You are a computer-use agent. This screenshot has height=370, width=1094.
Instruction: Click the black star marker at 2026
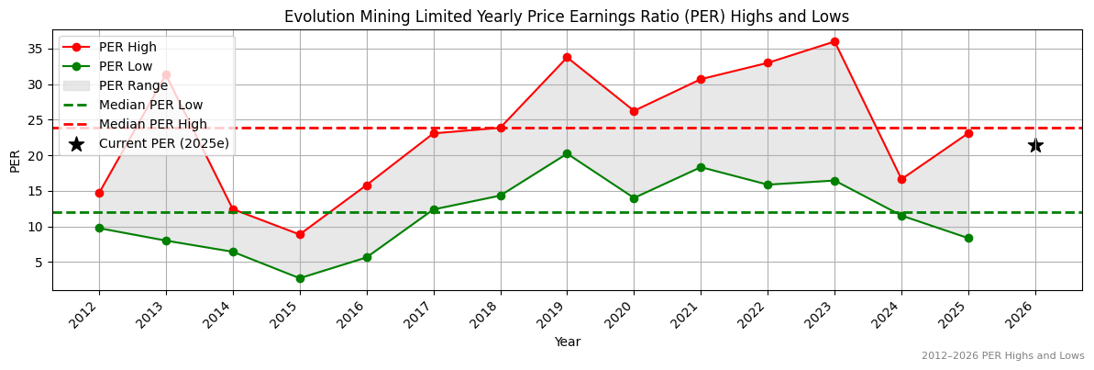pos(1035,145)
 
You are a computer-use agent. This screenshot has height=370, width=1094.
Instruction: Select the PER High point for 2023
pos(834,41)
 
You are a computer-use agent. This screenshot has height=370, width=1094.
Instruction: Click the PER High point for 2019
pos(567,57)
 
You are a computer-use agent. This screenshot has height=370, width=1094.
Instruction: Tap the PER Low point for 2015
pos(300,278)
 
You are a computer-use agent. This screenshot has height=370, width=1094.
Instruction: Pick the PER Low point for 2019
pos(567,153)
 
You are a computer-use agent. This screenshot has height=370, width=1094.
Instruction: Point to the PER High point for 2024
pos(901,179)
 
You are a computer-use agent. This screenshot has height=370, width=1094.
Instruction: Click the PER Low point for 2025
pos(968,238)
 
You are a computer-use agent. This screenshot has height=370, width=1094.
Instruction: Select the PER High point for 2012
pos(99,193)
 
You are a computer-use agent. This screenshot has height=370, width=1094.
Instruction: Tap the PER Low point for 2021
pos(701,167)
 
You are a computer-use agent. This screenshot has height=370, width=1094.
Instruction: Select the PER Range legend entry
pos(134,85)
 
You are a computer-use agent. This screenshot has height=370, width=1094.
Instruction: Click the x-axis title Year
pos(567,342)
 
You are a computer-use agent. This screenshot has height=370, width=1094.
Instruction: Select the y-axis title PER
pos(15,161)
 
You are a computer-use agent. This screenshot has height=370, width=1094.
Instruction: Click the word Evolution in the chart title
pos(317,17)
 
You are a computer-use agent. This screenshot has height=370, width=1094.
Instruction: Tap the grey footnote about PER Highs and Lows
pos(1002,355)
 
